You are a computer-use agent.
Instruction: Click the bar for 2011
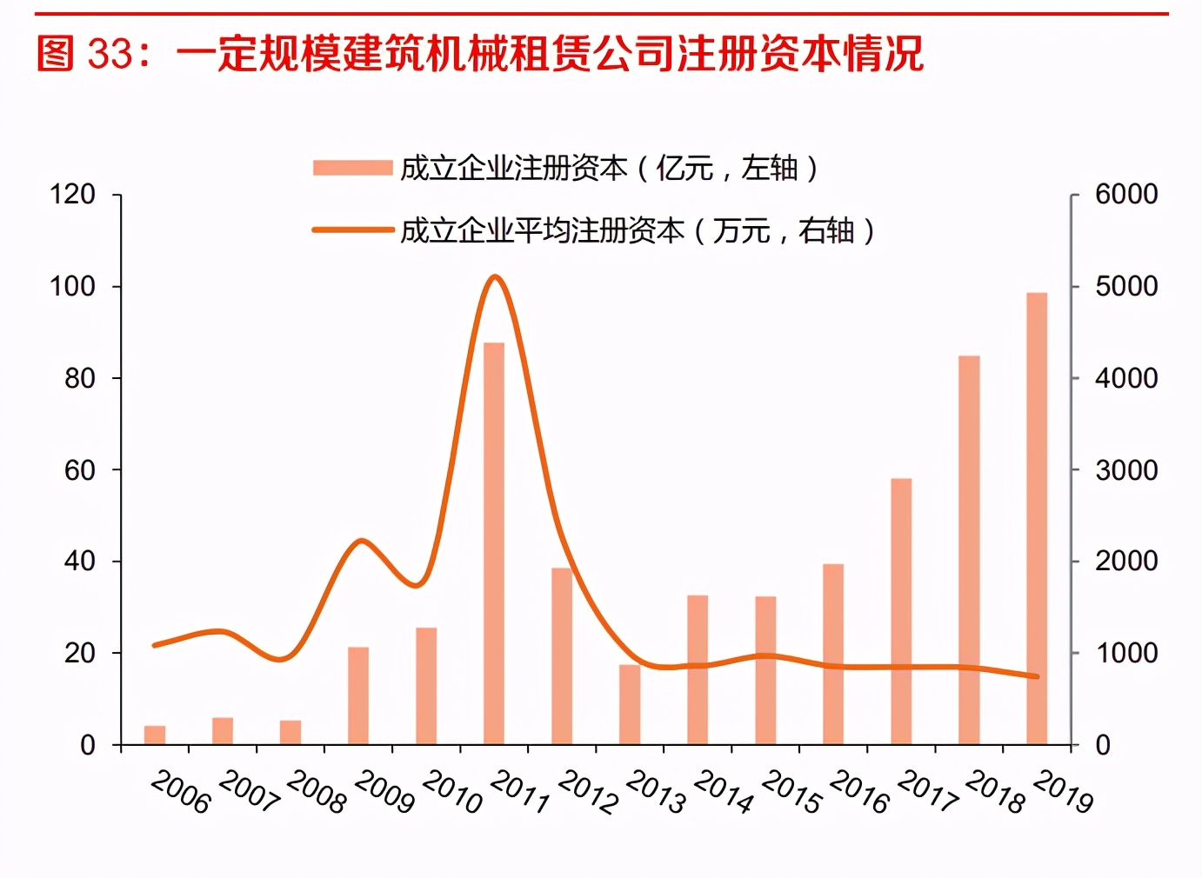click(x=494, y=543)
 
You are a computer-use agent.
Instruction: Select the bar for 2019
click(x=1037, y=519)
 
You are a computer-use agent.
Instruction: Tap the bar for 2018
click(x=969, y=550)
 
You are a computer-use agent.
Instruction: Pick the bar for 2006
click(x=155, y=735)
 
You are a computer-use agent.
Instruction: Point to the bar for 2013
click(x=630, y=705)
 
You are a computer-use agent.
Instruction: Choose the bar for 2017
click(x=901, y=611)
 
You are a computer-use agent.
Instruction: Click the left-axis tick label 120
click(x=72, y=194)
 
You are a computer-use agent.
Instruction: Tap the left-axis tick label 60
click(x=79, y=470)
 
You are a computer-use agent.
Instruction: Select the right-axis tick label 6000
click(x=1126, y=194)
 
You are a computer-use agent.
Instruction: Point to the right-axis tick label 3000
click(x=1126, y=470)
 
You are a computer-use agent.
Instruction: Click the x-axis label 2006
click(x=181, y=793)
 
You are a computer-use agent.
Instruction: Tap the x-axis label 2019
click(x=1063, y=793)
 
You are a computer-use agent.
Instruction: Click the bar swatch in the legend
click(x=352, y=168)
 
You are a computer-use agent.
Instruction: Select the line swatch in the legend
click(x=352, y=230)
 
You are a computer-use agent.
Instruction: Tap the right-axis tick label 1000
click(x=1126, y=653)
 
